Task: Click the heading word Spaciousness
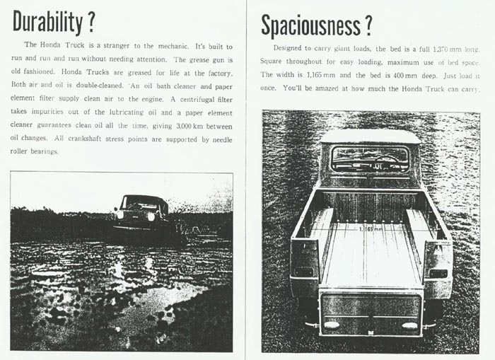308,25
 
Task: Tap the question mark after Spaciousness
367,25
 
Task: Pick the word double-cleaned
84,86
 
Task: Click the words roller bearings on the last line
40,153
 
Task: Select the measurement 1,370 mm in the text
437,49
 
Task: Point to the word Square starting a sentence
274,62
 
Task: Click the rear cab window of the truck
370,159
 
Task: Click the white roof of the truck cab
370,136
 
